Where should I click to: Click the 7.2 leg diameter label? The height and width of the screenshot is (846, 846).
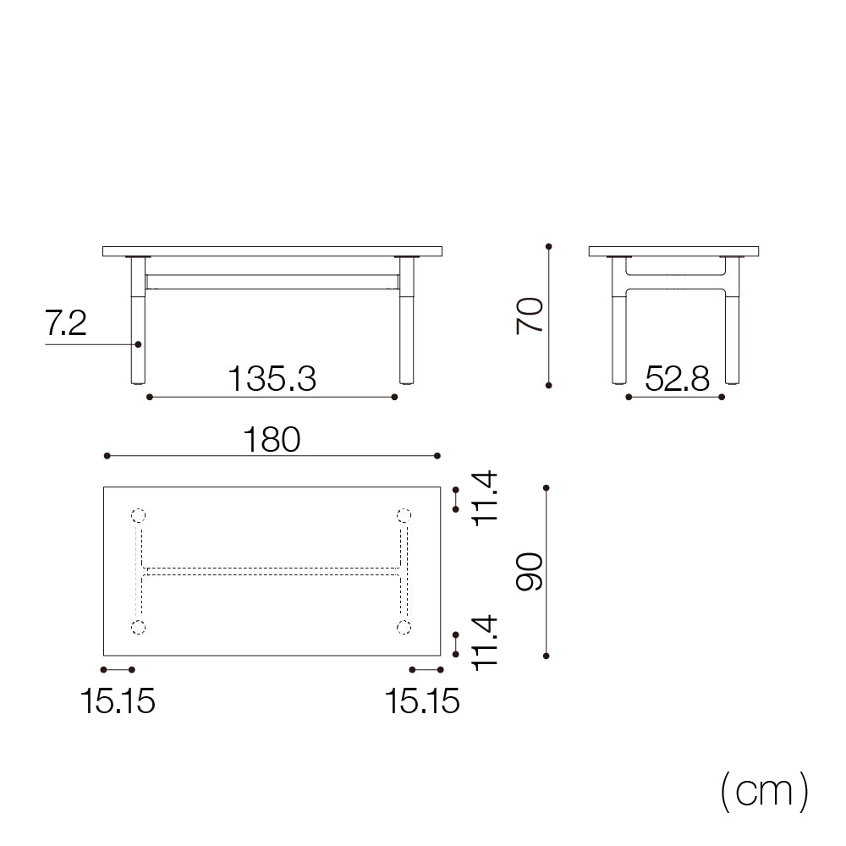coord(65,324)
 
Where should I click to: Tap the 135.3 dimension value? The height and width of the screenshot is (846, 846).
coord(272,379)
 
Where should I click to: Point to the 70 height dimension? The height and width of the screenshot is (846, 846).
coord(530,316)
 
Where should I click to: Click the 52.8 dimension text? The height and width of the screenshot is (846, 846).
coord(677,379)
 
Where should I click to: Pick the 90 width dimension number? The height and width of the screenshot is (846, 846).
coord(530,571)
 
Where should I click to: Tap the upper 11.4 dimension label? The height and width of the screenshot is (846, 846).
coord(485,498)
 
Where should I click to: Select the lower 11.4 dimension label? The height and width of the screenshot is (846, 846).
coord(485,643)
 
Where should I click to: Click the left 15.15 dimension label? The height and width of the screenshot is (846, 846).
coord(118,701)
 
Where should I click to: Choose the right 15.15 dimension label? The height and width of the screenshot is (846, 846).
coord(422,701)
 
